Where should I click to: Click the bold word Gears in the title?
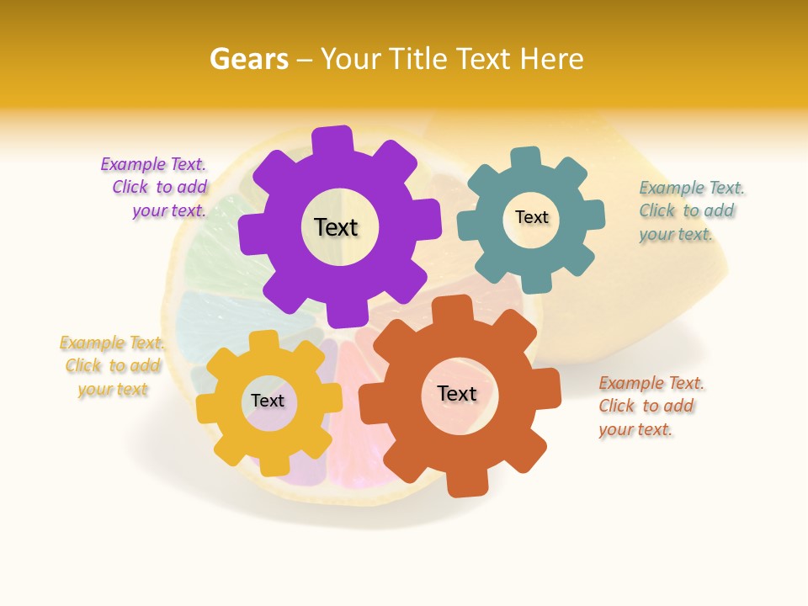[248, 59]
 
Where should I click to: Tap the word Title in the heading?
[421, 59]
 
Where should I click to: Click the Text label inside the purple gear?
[336, 227]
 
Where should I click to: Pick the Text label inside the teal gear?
[531, 217]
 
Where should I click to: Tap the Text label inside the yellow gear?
[267, 401]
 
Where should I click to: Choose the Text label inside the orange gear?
[457, 393]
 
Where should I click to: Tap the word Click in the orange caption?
[616, 406]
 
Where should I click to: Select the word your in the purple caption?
[150, 210]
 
